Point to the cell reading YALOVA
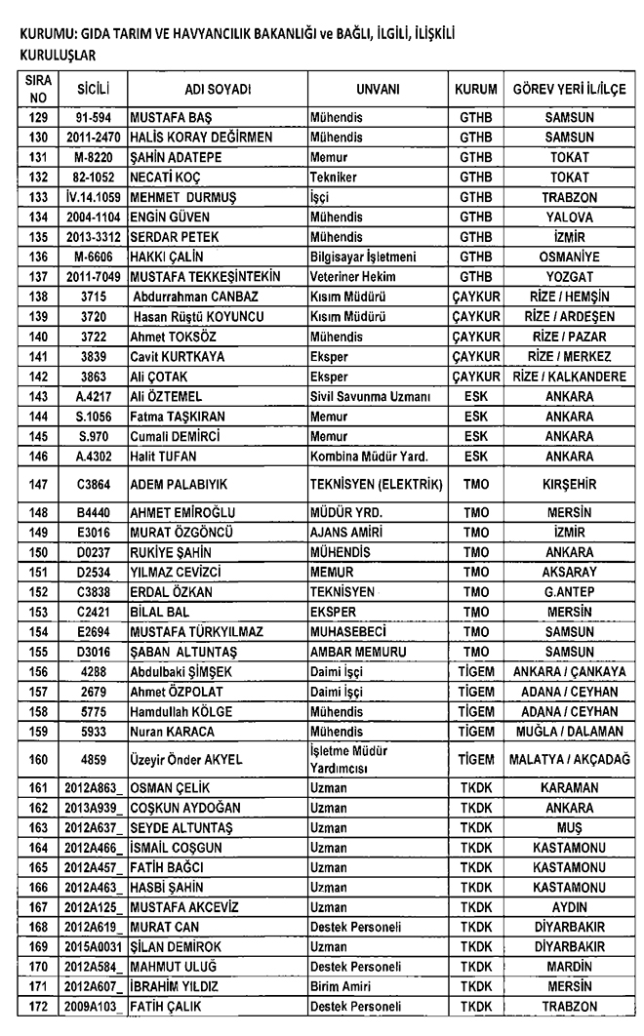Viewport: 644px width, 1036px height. click(x=570, y=217)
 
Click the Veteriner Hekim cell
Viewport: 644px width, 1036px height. click(x=350, y=276)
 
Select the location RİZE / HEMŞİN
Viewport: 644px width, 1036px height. click(x=570, y=296)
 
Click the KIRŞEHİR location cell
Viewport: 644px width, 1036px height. click(x=570, y=485)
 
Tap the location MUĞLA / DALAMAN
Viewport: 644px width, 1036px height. click(x=570, y=731)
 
